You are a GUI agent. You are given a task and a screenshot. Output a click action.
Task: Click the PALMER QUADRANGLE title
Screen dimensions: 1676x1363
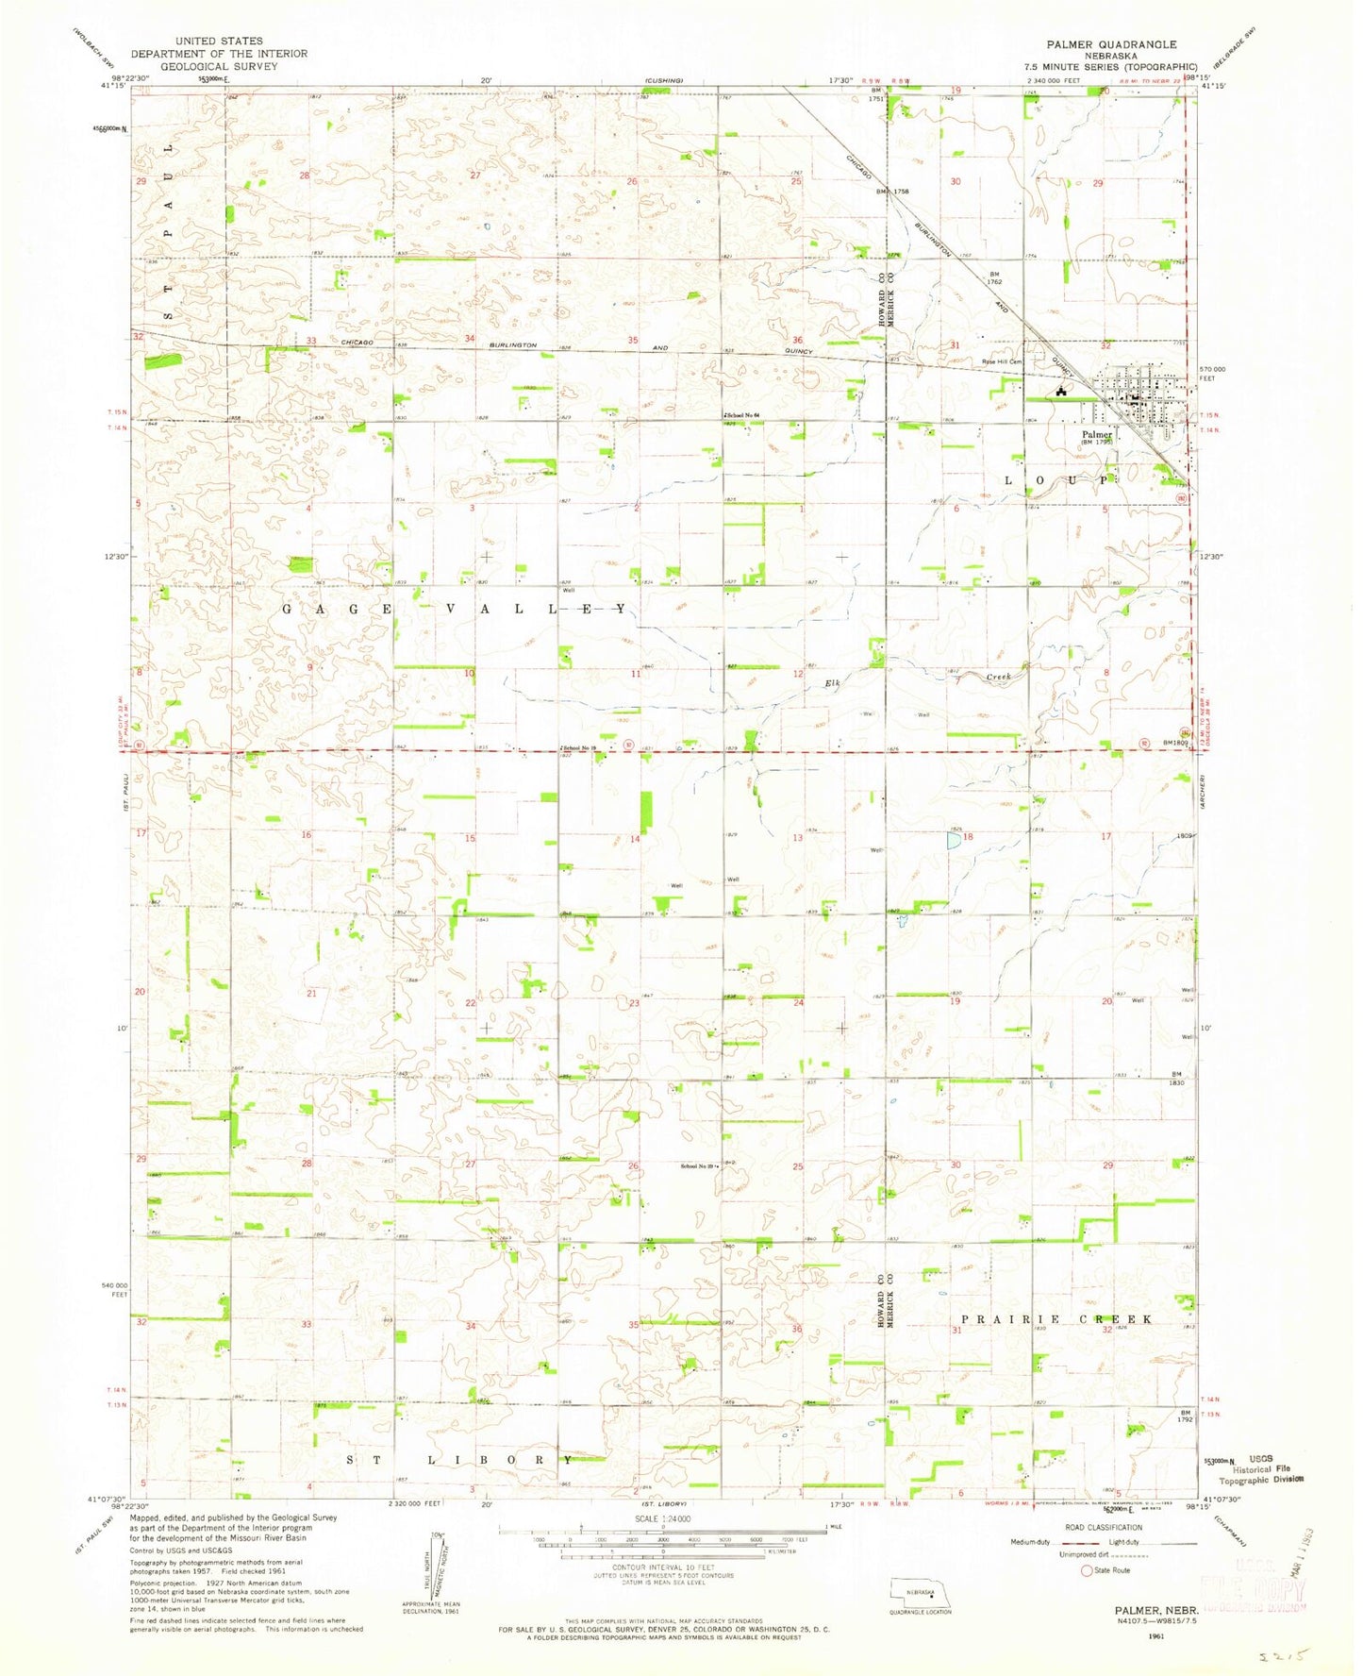point(1110,43)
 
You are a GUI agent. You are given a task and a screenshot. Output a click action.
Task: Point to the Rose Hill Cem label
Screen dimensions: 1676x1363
point(1002,361)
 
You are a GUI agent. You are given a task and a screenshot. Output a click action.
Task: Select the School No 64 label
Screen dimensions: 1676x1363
point(742,415)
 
